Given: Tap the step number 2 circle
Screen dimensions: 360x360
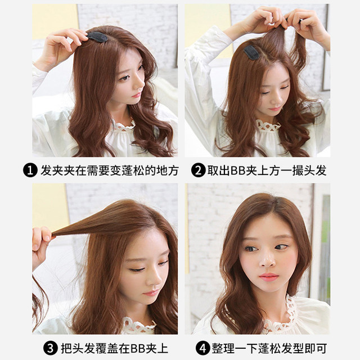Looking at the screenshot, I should pos(198,170).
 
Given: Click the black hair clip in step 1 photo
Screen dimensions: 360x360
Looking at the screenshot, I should pos(98,37).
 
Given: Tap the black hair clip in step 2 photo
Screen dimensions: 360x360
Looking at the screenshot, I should pos(251,52).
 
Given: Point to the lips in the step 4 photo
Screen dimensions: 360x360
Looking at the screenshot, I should pos(269,277).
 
